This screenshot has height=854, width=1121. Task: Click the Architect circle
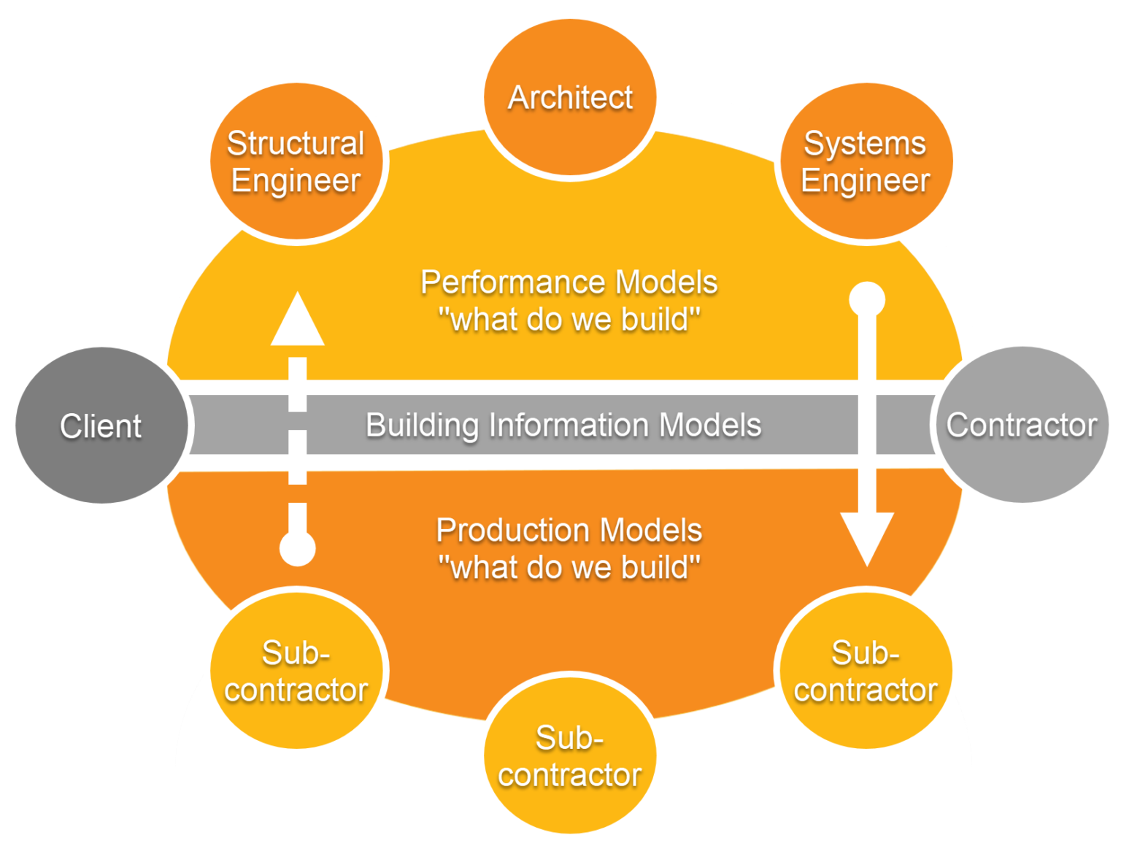click(570, 98)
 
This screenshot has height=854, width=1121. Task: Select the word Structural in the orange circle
click(296, 143)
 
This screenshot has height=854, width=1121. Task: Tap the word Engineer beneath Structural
click(296, 181)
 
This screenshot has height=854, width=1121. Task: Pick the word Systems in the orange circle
click(865, 143)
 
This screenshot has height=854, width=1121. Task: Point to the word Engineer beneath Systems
click(866, 181)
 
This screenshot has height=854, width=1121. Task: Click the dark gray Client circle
click(101, 426)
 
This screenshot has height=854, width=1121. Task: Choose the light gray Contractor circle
click(1022, 425)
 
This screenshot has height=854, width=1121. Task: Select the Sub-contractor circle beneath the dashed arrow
click(296, 671)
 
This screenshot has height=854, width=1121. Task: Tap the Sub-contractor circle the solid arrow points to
click(866, 671)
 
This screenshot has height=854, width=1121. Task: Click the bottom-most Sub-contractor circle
click(570, 755)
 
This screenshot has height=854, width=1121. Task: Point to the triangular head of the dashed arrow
click(297, 323)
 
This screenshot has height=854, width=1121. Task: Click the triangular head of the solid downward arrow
click(867, 536)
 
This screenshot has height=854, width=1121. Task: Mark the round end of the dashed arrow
click(297, 548)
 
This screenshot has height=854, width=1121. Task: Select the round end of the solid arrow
click(867, 299)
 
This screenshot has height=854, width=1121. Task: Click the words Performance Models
click(569, 282)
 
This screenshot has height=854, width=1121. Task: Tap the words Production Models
click(569, 530)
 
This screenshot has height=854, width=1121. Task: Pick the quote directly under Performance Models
click(569, 320)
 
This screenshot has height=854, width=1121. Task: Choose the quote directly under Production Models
click(569, 567)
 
